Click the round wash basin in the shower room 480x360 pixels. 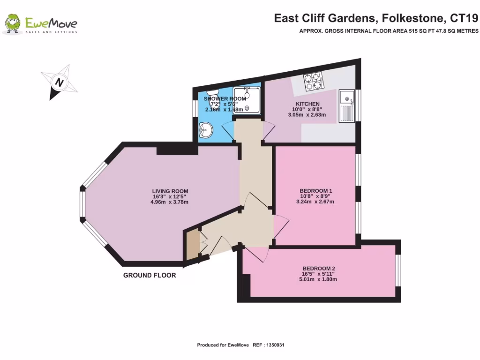[x=205, y=129]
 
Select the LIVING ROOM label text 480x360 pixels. [x=170, y=191]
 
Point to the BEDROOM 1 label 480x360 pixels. [x=316, y=190]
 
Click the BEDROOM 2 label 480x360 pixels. [x=319, y=269]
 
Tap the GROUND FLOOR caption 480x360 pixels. [x=150, y=275]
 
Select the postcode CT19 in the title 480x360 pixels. [x=464, y=18]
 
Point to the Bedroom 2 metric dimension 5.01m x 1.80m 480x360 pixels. [x=319, y=279]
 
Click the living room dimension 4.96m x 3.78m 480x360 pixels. [x=170, y=202]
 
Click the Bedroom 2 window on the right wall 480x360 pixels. [x=398, y=270]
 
